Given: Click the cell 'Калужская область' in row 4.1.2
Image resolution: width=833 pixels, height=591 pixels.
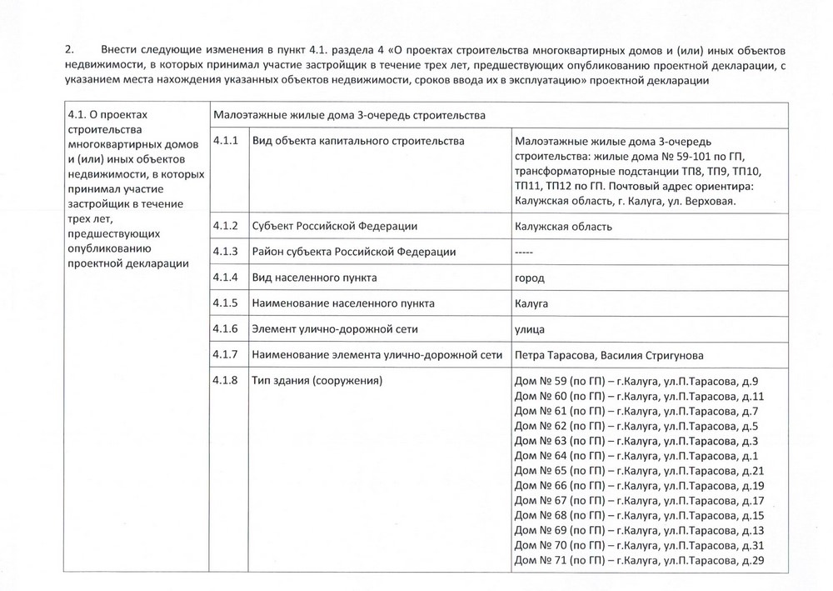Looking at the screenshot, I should click(564, 227).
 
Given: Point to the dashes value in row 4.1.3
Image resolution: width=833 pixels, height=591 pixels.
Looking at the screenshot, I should click(525, 252).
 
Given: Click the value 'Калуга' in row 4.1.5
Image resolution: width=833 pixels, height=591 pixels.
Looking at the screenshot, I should click(532, 303).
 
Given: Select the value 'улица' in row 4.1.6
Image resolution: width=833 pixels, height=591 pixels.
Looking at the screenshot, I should click(532, 329).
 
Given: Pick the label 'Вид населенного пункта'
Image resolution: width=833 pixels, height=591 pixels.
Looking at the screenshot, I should click(315, 277).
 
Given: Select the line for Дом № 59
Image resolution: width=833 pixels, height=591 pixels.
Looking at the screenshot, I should click(636, 382).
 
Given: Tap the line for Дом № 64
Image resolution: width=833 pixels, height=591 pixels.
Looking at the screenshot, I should click(636, 456).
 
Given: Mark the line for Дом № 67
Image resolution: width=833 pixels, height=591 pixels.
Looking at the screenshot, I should click(640, 500).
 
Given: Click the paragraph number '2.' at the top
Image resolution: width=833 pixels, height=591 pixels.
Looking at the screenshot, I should click(70, 49).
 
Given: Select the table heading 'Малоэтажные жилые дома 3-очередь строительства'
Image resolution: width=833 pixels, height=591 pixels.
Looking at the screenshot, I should click(349, 115).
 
